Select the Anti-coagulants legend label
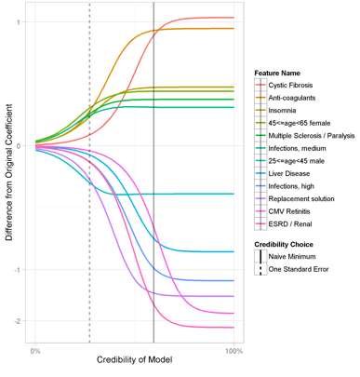pos(293,98)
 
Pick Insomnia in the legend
pos(285,111)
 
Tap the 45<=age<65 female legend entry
pos(299,123)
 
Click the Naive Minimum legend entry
pos(292,256)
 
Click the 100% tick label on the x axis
pos(234,351)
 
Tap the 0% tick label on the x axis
pos(34,351)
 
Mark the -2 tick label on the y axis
pos(18,321)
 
